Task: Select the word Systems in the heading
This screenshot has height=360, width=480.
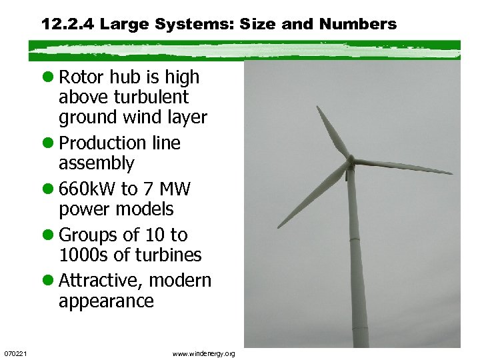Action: tap(189, 25)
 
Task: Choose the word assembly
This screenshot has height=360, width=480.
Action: tap(97, 163)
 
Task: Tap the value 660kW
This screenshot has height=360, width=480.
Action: tap(87, 189)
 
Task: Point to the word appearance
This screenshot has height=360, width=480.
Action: tap(106, 301)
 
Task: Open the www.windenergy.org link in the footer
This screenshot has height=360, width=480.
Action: tap(203, 353)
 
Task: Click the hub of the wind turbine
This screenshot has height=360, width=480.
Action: tap(350, 162)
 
